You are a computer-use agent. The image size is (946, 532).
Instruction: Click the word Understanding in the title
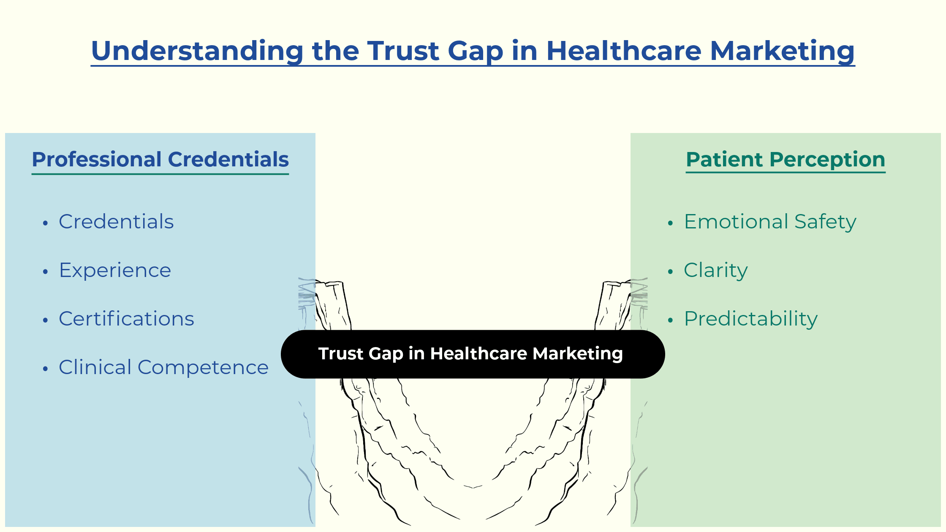(197, 51)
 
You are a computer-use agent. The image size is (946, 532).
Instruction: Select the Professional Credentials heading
(160, 160)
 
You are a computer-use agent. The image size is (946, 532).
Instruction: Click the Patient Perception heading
(786, 160)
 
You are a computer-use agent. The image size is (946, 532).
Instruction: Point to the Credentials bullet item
(116, 222)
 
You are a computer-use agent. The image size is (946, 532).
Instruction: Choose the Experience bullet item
(115, 271)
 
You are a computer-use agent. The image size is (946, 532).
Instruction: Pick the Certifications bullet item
(126, 319)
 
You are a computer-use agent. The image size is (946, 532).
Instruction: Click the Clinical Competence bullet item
(163, 368)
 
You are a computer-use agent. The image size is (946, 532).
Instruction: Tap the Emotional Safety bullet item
(770, 222)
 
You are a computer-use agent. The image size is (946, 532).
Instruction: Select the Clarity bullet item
(716, 271)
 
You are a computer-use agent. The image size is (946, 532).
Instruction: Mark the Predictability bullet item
(751, 319)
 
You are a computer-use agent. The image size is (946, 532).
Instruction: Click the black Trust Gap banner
(473, 354)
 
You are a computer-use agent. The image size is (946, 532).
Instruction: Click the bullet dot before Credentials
(46, 223)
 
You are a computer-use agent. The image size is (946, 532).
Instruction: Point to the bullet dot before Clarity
(670, 272)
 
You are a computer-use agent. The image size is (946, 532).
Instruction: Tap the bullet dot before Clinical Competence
(46, 369)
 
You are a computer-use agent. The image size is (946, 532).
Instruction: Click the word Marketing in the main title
(782, 51)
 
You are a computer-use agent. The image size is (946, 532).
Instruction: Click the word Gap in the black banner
(386, 354)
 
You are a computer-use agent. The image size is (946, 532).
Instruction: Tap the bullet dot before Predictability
(670, 320)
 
